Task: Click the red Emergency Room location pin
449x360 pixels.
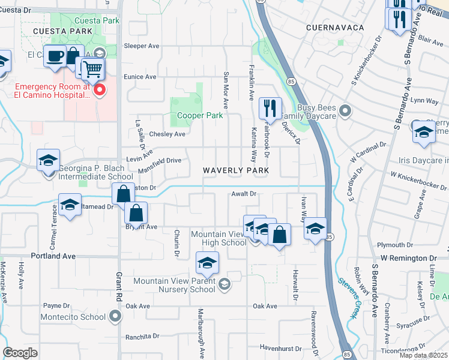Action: tap(99, 91)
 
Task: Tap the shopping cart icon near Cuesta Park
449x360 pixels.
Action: tap(92, 69)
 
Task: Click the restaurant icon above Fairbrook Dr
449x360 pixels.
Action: tap(270, 109)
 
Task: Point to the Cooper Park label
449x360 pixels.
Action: tap(200, 115)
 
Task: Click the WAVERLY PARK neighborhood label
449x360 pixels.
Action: tap(235, 170)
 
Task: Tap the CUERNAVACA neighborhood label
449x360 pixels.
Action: tap(336, 28)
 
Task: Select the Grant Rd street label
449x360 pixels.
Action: tap(118, 286)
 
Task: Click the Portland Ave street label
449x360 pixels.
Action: tap(55, 256)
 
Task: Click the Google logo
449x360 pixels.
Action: tap(20, 352)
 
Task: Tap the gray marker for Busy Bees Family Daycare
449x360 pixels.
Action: tap(345, 110)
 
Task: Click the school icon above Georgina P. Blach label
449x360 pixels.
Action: tap(48, 160)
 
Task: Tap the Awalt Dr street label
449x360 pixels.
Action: tap(244, 194)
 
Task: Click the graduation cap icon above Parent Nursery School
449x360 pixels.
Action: tap(207, 263)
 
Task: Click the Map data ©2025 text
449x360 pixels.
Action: tap(423, 355)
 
